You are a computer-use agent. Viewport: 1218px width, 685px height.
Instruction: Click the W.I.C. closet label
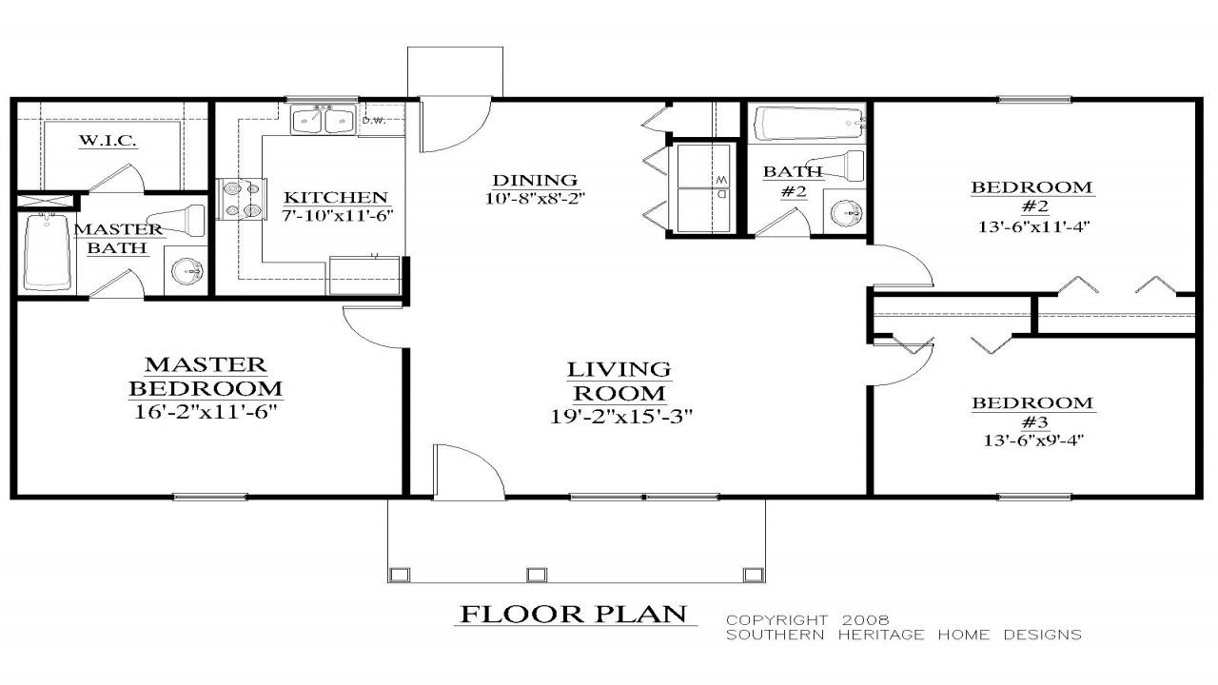point(108,141)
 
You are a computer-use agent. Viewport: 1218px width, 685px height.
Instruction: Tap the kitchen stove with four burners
point(240,199)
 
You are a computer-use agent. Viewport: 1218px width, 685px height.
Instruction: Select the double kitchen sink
point(324,121)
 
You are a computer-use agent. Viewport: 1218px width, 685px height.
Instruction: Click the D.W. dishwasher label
point(372,121)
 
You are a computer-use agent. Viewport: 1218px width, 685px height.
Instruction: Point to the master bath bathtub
point(48,252)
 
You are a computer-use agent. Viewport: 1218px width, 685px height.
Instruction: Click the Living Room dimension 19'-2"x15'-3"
point(619,416)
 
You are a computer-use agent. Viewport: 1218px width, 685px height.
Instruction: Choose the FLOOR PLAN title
point(573,615)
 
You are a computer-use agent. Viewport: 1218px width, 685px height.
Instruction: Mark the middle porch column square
point(537,574)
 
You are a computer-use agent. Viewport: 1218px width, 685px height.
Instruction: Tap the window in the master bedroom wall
point(210,496)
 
